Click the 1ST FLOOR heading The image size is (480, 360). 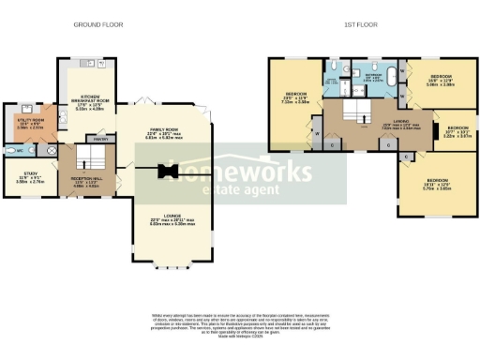(x=361, y=24)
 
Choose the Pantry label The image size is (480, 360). (x=102, y=139)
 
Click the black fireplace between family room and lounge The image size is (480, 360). (x=169, y=171)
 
